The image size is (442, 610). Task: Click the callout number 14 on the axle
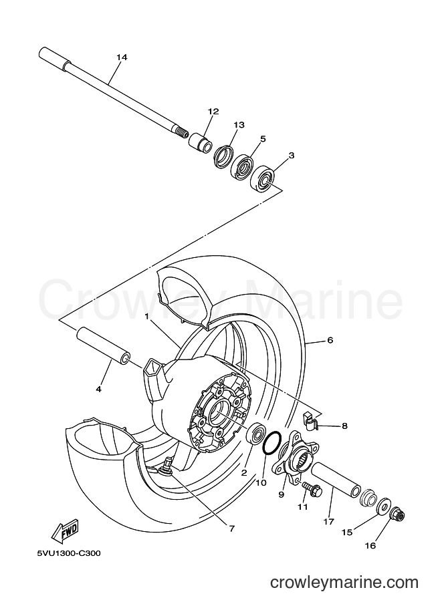122,57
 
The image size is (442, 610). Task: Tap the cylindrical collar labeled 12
201,142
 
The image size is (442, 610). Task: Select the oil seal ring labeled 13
223,157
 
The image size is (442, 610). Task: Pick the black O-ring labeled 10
272,443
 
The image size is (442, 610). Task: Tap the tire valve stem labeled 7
166,466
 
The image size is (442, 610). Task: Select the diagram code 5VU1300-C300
68,553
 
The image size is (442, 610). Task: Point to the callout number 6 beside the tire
330,340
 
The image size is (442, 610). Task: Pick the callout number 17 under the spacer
329,522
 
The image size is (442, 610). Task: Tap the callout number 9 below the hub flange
281,494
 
